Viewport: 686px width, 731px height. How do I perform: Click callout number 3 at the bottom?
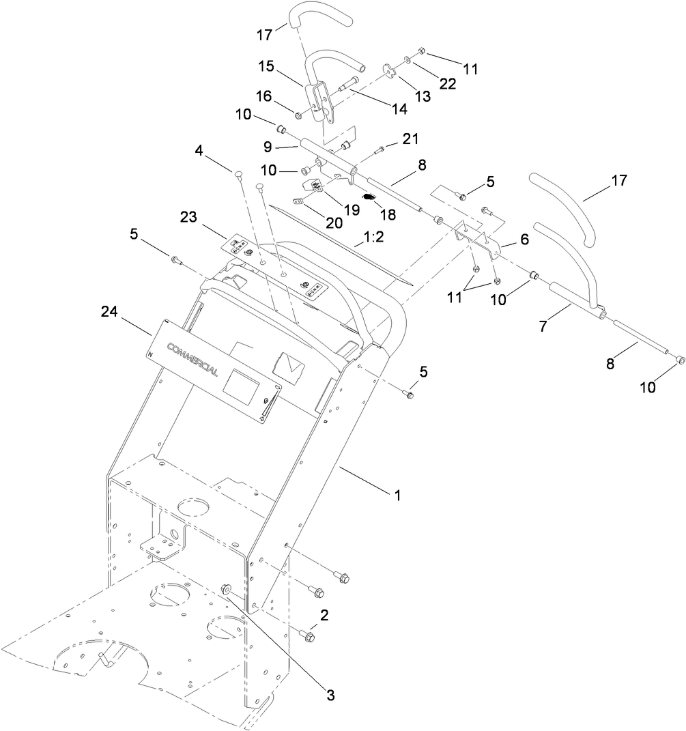[x=330, y=696]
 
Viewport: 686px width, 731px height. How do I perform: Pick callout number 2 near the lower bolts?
[x=325, y=614]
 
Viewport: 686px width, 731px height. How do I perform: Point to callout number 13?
[x=423, y=96]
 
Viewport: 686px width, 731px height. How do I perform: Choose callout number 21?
[x=409, y=140]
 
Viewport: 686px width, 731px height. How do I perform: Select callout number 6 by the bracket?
[x=524, y=240]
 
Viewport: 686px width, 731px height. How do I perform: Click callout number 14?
[x=399, y=109]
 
